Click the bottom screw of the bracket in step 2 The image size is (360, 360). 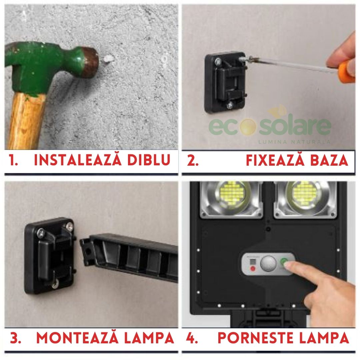pos(230,106)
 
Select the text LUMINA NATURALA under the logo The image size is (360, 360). pos(294,142)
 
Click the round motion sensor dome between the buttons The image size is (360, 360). pos(267,264)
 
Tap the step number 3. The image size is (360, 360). pos(15,338)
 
